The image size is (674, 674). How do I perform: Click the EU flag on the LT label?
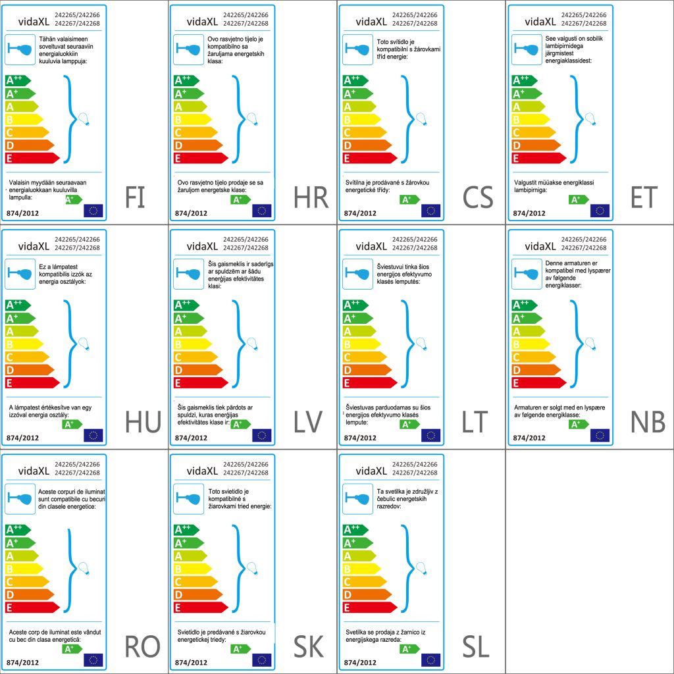point(430,435)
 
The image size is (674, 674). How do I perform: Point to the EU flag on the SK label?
point(262,660)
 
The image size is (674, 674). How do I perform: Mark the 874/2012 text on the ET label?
point(530,213)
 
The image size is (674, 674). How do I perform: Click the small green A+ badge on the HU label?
point(72,425)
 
